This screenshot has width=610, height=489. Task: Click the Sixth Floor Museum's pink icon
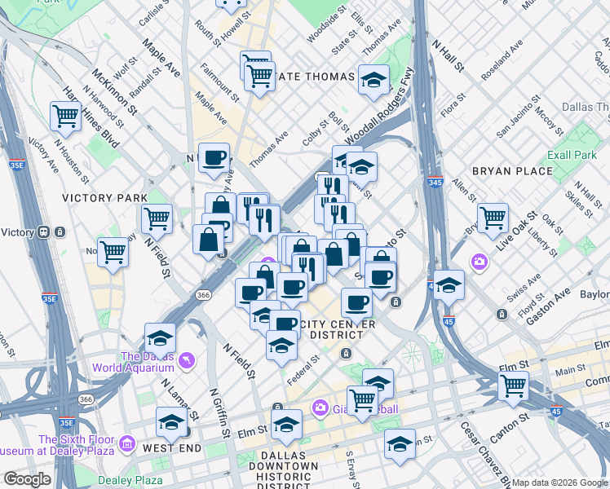click(x=126, y=444)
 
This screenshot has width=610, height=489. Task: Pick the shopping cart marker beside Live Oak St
click(x=493, y=217)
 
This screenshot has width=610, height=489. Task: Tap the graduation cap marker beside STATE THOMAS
click(x=374, y=79)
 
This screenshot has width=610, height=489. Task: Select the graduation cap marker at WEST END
click(x=171, y=422)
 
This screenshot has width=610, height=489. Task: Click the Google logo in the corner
click(x=27, y=479)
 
